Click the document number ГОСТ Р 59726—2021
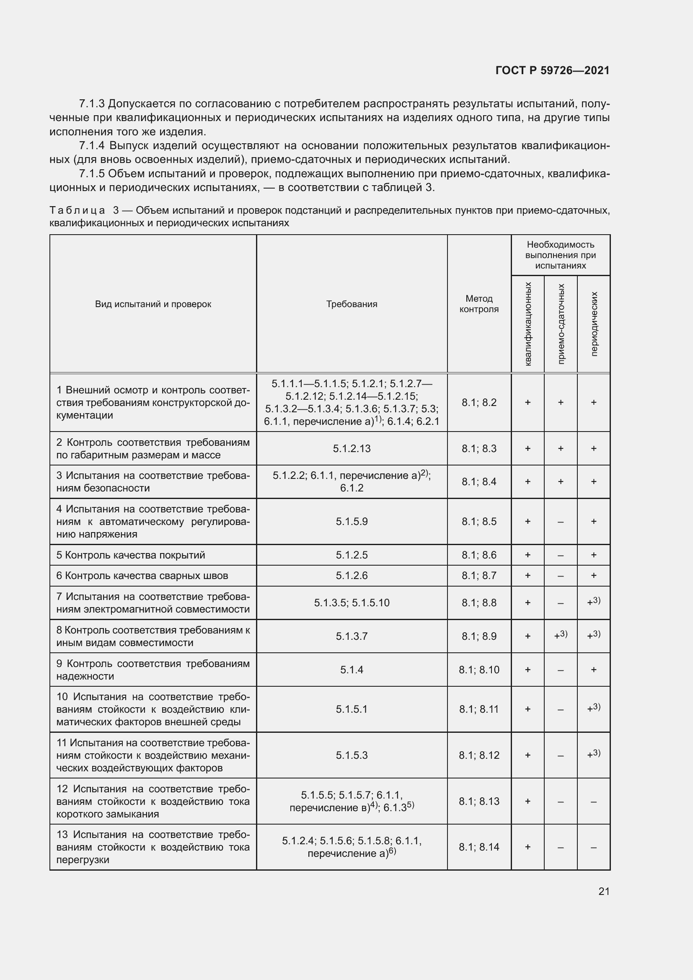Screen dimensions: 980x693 (x=552, y=70)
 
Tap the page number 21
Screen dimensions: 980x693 (x=604, y=891)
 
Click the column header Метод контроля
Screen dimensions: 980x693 (x=479, y=303)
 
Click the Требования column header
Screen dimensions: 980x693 (x=352, y=304)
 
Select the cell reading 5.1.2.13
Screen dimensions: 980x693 (x=352, y=448)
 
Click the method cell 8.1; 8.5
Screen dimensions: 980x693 (x=479, y=521)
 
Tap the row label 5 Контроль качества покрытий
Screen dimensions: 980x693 (x=131, y=555)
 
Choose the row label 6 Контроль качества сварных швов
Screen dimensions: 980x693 (x=142, y=575)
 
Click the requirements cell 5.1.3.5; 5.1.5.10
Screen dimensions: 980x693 (x=352, y=602)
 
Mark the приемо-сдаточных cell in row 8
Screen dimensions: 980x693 (x=560, y=636)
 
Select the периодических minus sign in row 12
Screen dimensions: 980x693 (x=594, y=802)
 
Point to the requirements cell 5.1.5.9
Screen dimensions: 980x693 (x=352, y=521)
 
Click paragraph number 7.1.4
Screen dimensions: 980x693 (x=92, y=145)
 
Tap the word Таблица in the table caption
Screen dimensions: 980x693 (x=77, y=210)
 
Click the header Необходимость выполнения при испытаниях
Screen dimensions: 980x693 (x=560, y=255)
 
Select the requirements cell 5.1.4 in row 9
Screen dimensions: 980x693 (x=352, y=669)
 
